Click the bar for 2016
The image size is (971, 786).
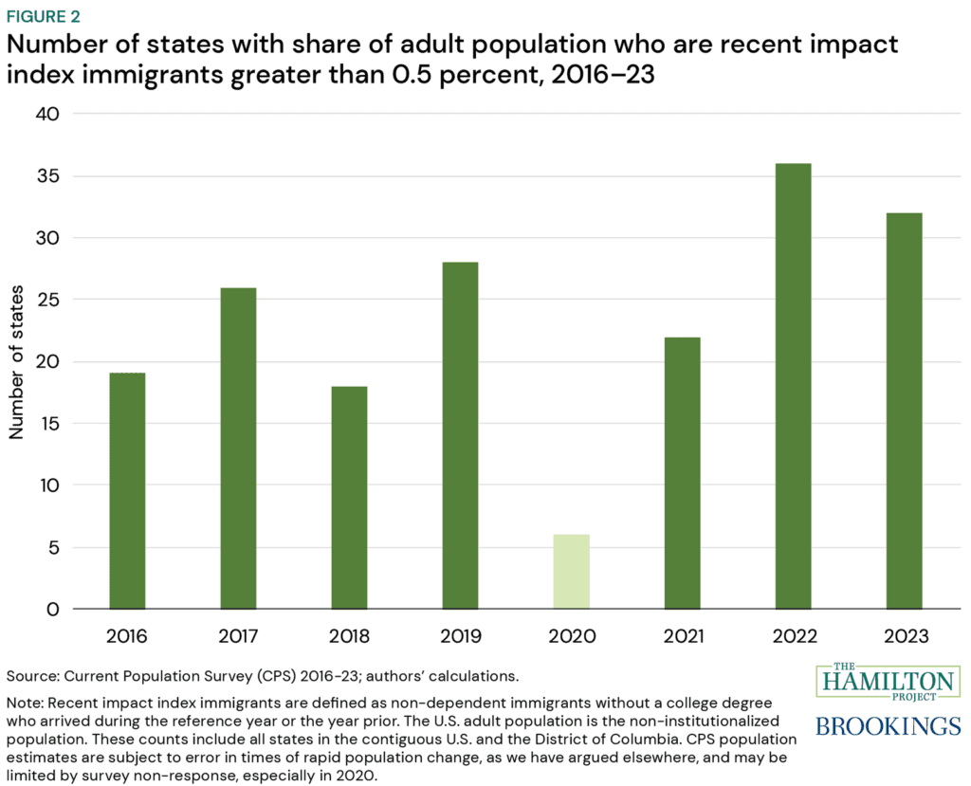point(127,490)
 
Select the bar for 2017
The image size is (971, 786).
point(238,448)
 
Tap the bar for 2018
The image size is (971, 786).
point(349,497)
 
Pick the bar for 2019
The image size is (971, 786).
point(460,435)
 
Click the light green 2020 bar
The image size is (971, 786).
point(571,571)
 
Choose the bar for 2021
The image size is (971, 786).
point(682,472)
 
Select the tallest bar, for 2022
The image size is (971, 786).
point(793,386)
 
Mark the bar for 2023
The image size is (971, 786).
point(904,411)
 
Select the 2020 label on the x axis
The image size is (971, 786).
point(571,635)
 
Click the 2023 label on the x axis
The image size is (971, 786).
point(904,635)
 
